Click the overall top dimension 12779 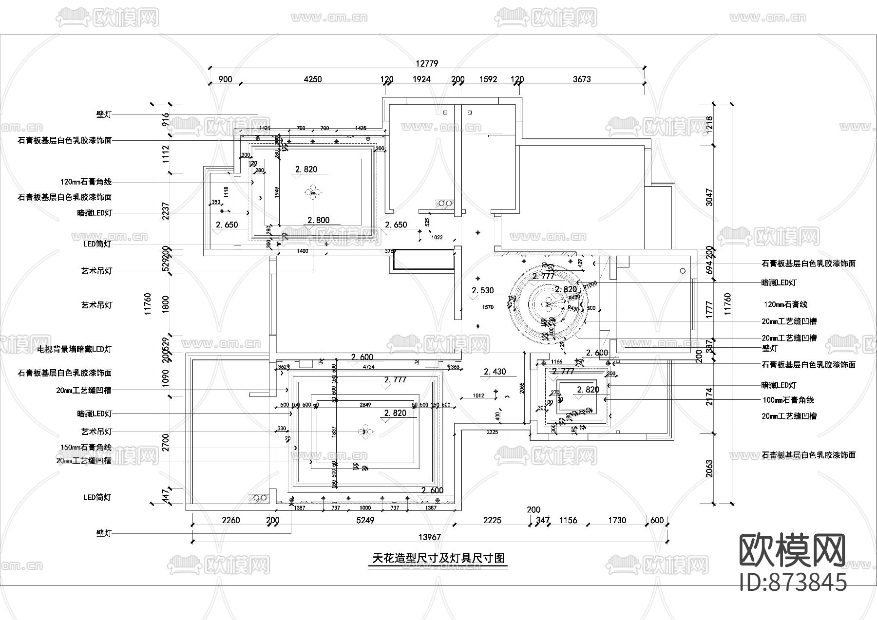427,63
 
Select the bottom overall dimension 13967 429,537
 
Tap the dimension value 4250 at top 312,79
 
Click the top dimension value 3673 582,79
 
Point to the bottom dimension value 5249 365,520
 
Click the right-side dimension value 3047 709,197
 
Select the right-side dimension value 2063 709,469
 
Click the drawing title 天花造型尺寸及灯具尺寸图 438,559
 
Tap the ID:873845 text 793,582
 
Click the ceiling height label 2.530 482,290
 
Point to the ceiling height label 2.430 495,372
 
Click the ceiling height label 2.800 319,220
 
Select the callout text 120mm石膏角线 86,182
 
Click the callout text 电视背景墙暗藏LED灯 75,349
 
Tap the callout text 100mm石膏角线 788,400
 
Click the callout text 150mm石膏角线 86,447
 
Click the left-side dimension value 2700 166,442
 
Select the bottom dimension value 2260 230,520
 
